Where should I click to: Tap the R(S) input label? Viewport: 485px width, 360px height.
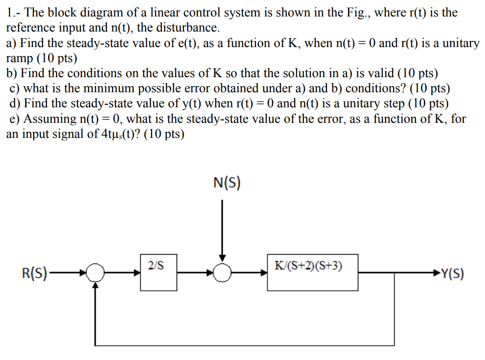[34, 273]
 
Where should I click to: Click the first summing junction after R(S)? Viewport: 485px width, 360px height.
[97, 272]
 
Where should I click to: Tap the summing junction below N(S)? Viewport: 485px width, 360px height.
[222, 272]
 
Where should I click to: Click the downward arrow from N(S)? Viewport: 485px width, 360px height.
[222, 231]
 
